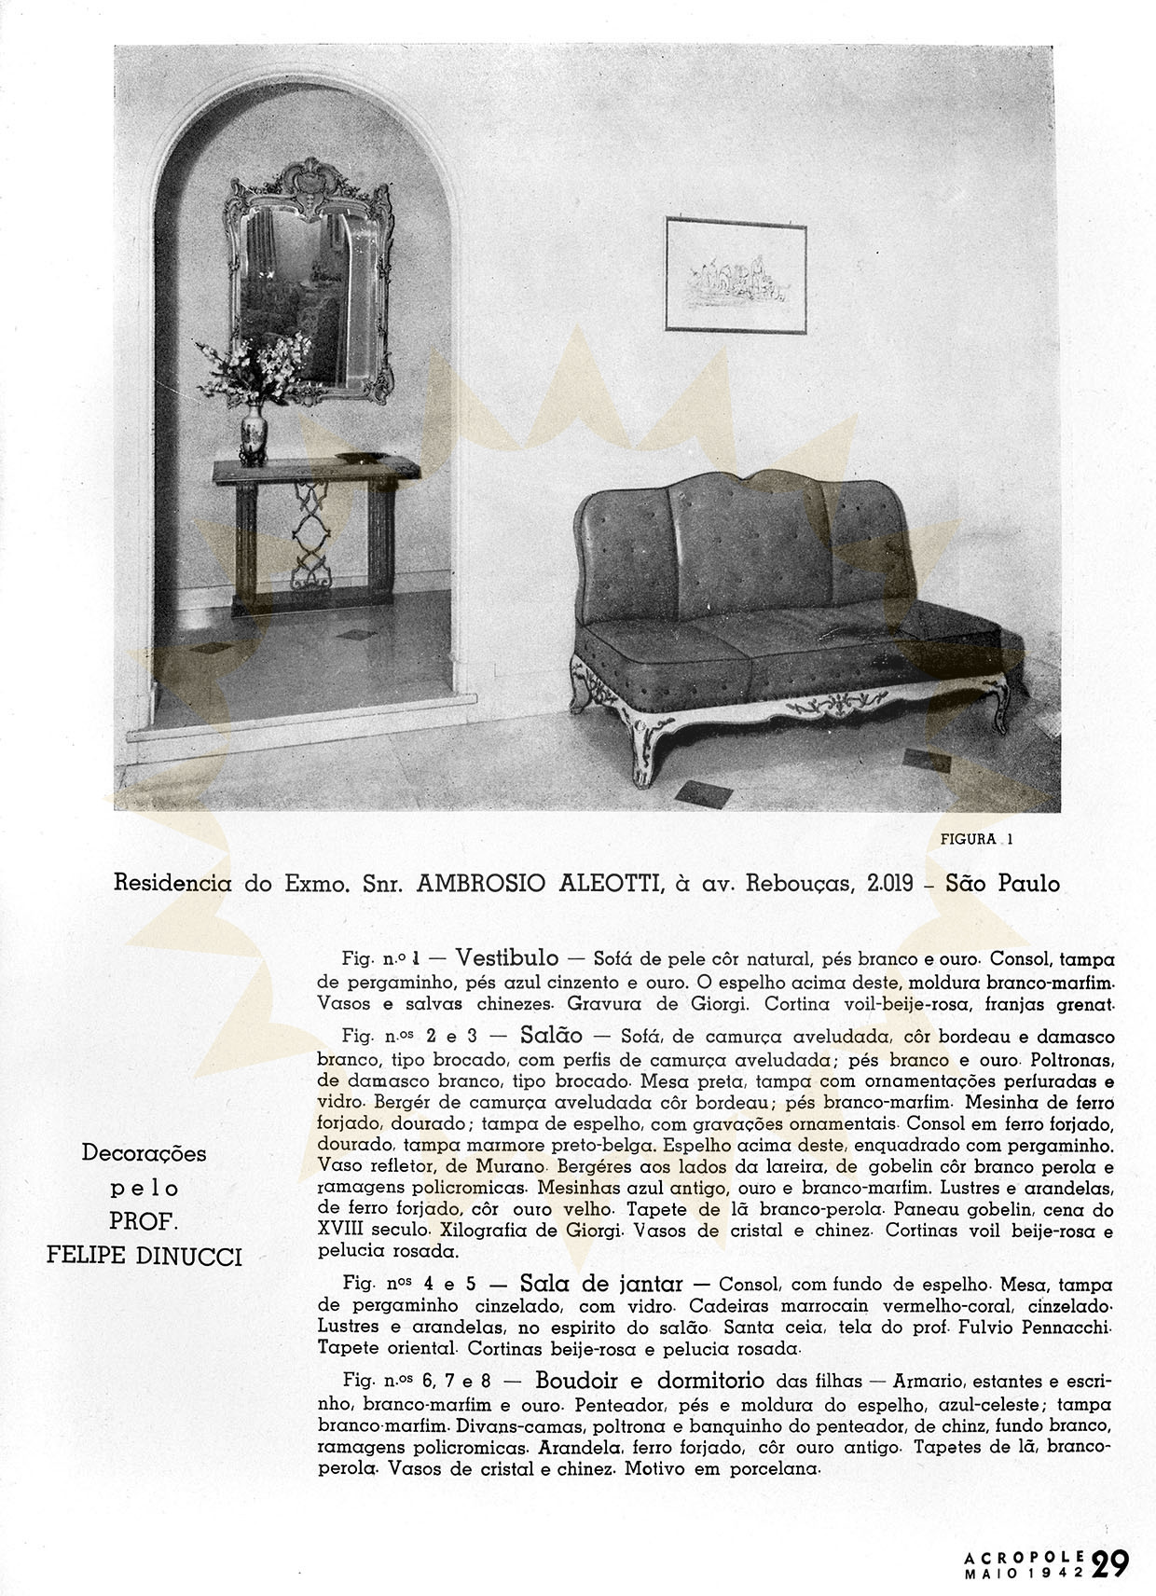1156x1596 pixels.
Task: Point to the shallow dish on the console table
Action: tap(360, 458)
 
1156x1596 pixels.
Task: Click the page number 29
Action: tap(1111, 1562)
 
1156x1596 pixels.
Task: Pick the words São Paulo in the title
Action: tap(1002, 883)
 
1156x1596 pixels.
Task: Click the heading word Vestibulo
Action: tap(507, 958)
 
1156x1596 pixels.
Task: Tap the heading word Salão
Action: tap(552, 1035)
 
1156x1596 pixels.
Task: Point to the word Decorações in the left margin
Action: tap(144, 1153)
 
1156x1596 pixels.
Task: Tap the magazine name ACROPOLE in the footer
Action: tap(1024, 1555)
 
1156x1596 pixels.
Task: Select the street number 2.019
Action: tap(890, 883)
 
